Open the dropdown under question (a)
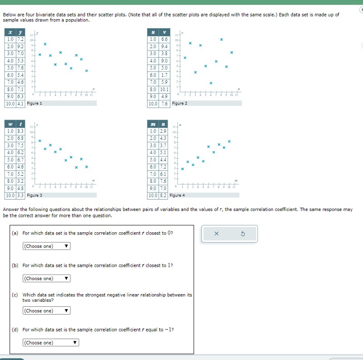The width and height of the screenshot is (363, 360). (x=46, y=246)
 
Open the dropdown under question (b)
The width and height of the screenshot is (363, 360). (x=46, y=279)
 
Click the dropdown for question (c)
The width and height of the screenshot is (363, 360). (x=46, y=311)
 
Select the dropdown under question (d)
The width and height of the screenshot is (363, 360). (x=51, y=343)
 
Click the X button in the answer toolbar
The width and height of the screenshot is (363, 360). (x=216, y=234)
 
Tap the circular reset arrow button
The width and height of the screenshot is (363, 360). (x=243, y=234)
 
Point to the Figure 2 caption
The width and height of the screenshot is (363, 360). (x=179, y=104)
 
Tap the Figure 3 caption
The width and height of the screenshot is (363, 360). (x=35, y=195)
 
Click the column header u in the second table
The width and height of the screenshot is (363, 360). (x=154, y=32)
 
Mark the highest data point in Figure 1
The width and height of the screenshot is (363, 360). (x=45, y=44)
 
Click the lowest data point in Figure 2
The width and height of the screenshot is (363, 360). (x=211, y=83)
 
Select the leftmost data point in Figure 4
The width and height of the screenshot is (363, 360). (x=183, y=169)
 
